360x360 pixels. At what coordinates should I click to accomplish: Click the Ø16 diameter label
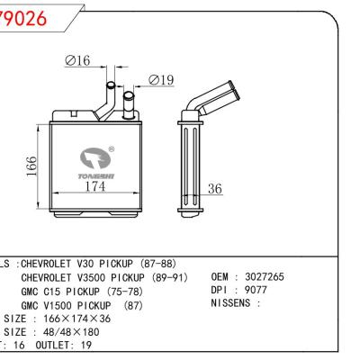79,61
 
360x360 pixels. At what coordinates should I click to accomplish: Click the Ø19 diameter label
160,79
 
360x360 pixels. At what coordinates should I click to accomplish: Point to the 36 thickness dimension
214,188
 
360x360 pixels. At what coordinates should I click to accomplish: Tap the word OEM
220,277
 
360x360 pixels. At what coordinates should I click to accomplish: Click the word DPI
220,291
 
